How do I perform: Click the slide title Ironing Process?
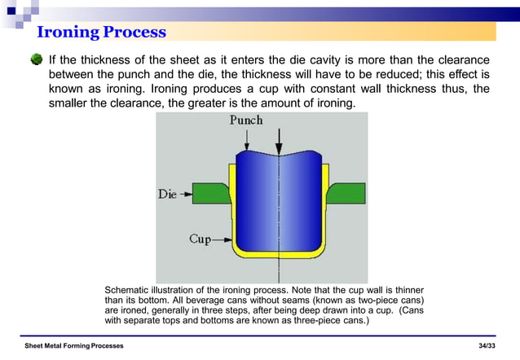pos(101,33)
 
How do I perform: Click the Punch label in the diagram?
pos(245,120)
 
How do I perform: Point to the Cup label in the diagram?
pos(200,239)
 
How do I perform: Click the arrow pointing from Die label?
pos(187,195)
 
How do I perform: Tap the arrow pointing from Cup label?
pos(222,239)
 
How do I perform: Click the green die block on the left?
pos(212,193)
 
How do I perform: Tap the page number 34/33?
pos(487,346)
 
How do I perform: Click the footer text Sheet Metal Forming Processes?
pos(74,346)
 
